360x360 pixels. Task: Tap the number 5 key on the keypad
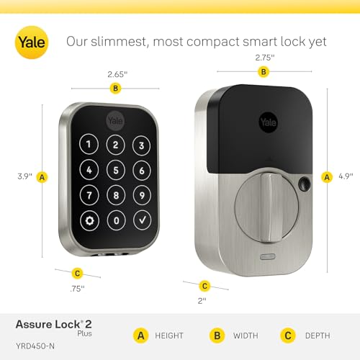[115, 171]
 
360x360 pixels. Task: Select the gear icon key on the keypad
[89, 220]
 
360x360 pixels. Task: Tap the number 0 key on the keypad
[115, 220]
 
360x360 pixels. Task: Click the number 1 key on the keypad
[89, 145]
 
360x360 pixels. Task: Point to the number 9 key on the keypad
[142, 194]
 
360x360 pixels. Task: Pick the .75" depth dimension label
[77, 288]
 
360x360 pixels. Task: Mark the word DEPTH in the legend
[316, 335]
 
